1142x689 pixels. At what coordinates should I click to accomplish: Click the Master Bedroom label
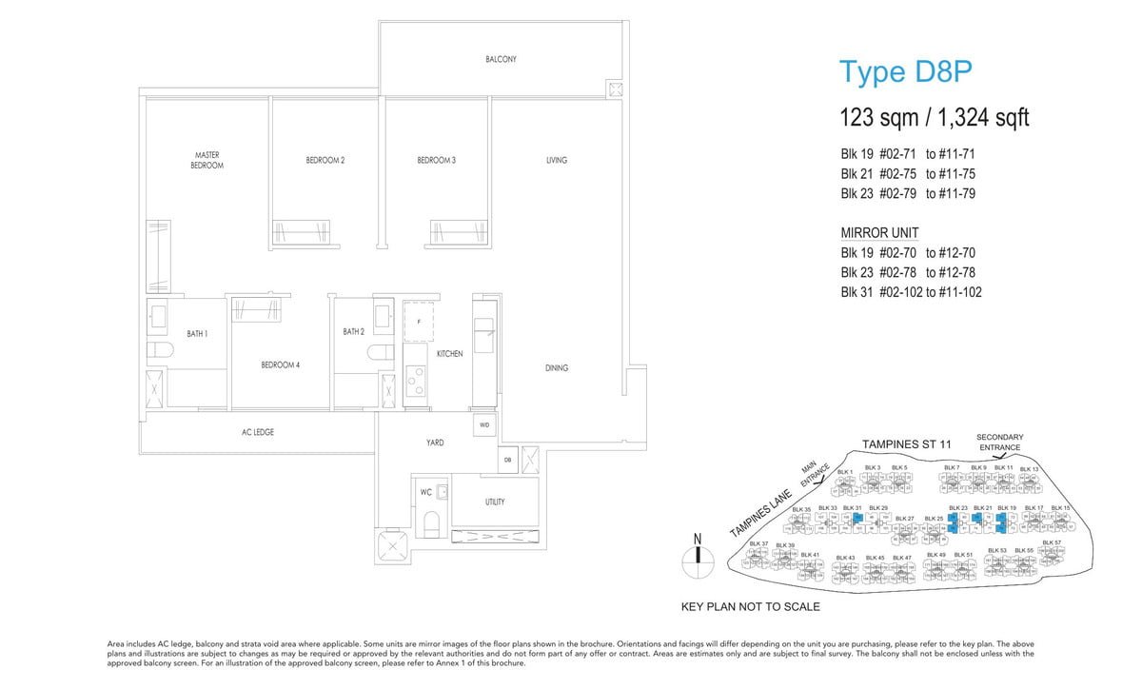207,160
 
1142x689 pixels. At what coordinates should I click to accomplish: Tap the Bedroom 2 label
325,160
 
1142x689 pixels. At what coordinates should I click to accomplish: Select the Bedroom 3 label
436,160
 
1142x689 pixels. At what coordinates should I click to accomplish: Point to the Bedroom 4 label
280,365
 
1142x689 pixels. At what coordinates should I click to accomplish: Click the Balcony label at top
501,59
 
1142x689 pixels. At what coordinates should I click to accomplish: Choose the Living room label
557,160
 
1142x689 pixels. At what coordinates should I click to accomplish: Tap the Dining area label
557,367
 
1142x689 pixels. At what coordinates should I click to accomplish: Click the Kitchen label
449,354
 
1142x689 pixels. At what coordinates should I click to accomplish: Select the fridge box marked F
419,322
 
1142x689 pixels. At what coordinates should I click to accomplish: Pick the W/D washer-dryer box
483,424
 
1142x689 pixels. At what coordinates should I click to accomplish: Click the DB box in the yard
508,461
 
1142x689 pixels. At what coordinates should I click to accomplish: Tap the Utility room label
495,502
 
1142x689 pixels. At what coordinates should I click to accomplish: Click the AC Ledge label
258,432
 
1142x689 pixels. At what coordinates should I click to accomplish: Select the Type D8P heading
904,72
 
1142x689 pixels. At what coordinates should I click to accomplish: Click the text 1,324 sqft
984,118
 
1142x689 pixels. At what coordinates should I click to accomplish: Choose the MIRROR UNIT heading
880,233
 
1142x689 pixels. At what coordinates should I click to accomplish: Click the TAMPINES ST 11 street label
906,444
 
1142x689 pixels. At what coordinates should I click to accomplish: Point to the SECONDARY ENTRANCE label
999,442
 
